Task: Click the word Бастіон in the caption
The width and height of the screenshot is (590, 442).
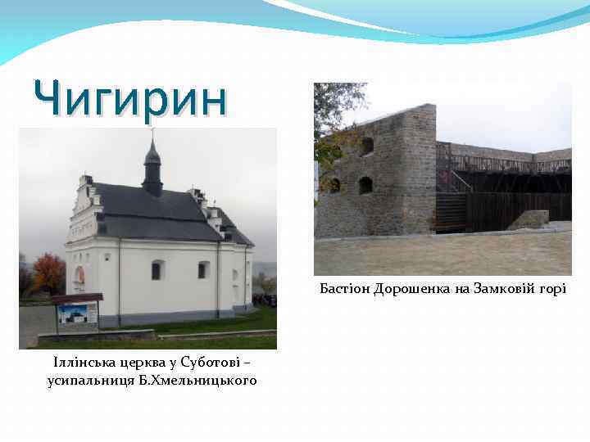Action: (344, 290)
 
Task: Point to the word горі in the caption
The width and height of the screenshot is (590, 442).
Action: (550, 290)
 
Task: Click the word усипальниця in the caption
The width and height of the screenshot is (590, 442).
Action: (93, 381)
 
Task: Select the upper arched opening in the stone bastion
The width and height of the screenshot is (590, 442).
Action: (367, 146)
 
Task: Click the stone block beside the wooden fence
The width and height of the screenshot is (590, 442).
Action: (529, 219)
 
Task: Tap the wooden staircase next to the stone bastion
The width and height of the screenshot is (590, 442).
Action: (452, 209)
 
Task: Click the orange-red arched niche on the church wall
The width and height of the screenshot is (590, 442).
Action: (79, 276)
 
